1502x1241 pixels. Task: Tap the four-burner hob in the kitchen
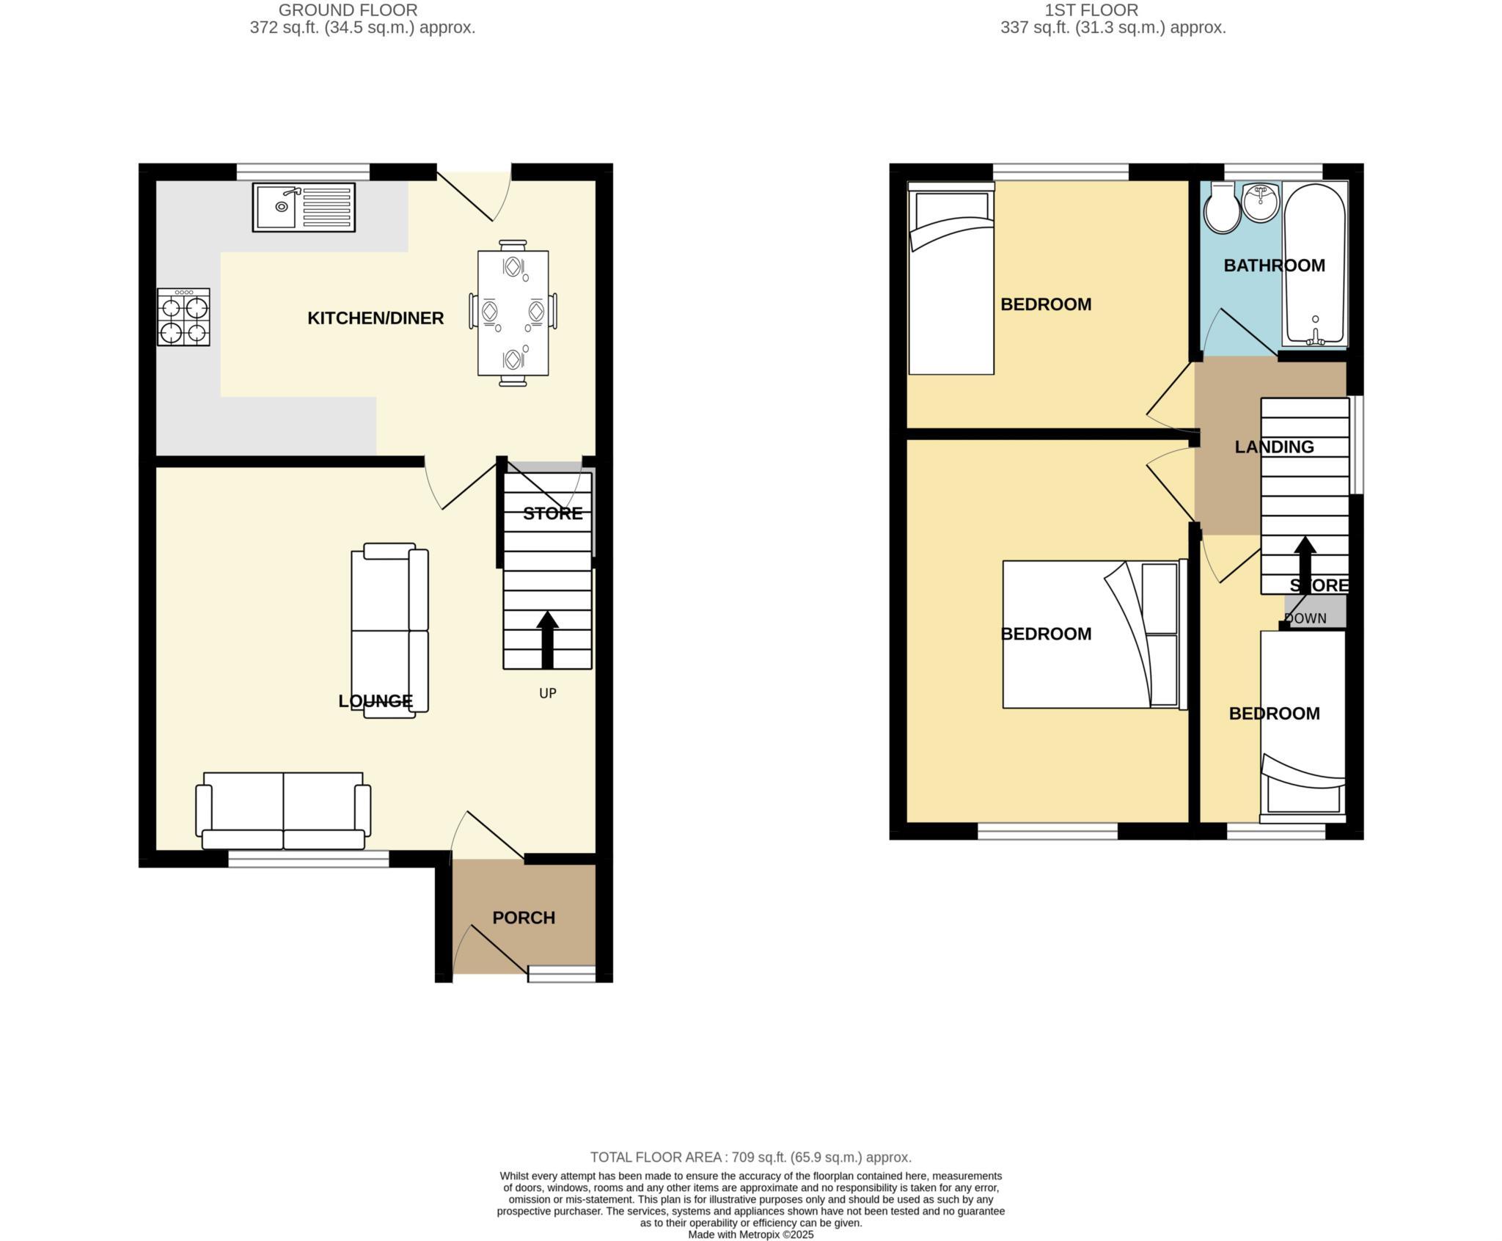pos(183,317)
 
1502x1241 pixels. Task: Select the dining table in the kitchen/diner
pos(513,312)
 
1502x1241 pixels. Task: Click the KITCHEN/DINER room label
pos(375,318)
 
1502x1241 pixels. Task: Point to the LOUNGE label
pos(375,701)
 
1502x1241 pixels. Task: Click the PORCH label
pos(524,918)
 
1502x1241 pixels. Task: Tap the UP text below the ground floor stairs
pos(548,693)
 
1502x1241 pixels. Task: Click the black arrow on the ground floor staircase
pos(547,640)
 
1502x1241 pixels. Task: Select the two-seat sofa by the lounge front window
pos(283,810)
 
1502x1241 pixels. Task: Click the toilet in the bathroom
pos(1222,209)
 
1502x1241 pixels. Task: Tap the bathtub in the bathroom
pos(1315,264)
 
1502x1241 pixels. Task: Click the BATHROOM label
pos(1274,266)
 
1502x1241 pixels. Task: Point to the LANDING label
pos(1274,447)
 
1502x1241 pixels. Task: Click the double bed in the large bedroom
pos(1093,634)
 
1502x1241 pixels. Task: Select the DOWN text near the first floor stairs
pos(1305,618)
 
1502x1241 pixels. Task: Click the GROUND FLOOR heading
pos(348,10)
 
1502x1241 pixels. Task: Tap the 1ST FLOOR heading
pos(1113,10)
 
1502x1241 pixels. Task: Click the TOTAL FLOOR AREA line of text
pos(750,1157)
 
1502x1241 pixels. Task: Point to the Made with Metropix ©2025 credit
pos(750,1234)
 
